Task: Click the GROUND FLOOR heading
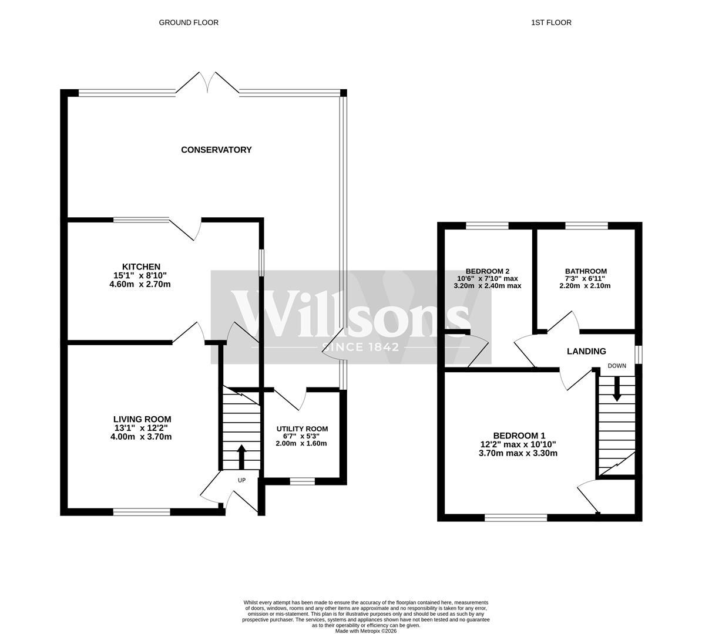pyautogui.click(x=189, y=23)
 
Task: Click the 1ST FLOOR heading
pyautogui.click(x=551, y=23)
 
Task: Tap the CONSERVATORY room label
pyautogui.click(x=216, y=150)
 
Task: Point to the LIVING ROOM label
pyautogui.click(x=142, y=419)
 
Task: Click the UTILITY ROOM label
pyautogui.click(x=302, y=429)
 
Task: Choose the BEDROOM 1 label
pyautogui.click(x=519, y=436)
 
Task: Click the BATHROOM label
pyautogui.click(x=582, y=271)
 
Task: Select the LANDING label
pyautogui.click(x=586, y=352)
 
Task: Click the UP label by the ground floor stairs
pyautogui.click(x=241, y=480)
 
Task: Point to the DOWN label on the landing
pyautogui.click(x=617, y=366)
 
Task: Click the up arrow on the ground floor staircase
pyautogui.click(x=241, y=456)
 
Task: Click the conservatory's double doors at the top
pyautogui.click(x=207, y=83)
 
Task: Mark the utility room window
pyautogui.click(x=302, y=481)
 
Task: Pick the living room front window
pyautogui.click(x=142, y=512)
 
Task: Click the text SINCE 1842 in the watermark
pyautogui.click(x=360, y=347)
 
